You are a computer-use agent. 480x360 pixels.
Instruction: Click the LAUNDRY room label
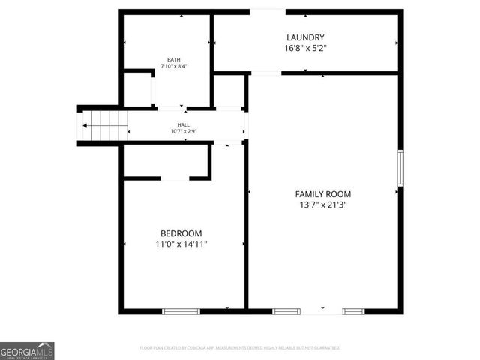(x=305, y=37)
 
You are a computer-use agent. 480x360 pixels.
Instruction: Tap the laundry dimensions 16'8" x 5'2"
(x=305, y=48)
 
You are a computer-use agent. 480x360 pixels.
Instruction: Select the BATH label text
(x=174, y=60)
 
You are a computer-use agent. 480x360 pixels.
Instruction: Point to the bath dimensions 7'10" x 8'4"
(x=174, y=67)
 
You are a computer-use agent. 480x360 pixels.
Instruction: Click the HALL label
(x=184, y=125)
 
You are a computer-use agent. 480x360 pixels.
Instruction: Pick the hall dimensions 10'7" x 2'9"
(x=184, y=132)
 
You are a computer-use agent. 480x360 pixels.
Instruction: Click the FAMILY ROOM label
(x=322, y=193)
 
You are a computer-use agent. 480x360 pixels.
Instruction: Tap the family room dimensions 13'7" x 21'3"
(x=322, y=204)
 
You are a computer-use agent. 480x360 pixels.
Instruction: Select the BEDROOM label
(x=181, y=233)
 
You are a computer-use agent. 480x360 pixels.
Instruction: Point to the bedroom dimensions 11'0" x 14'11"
(x=181, y=244)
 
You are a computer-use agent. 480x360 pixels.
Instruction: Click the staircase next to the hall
(x=103, y=124)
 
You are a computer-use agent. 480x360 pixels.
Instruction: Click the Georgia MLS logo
(x=27, y=350)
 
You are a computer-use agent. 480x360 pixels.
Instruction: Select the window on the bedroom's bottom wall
(x=179, y=310)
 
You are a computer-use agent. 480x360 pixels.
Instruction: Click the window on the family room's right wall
(x=400, y=168)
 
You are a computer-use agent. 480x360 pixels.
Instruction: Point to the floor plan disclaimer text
(x=240, y=348)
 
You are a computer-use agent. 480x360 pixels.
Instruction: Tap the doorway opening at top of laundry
(x=267, y=11)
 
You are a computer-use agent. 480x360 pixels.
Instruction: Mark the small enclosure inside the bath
(x=137, y=88)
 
